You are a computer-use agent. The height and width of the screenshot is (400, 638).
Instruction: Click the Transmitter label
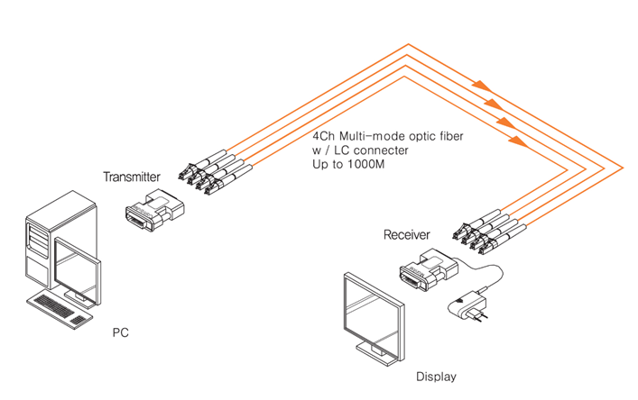132,177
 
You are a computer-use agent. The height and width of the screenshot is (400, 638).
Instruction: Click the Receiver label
406,235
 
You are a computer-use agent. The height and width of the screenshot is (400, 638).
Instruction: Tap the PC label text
120,332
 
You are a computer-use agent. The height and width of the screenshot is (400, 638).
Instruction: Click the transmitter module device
155,209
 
